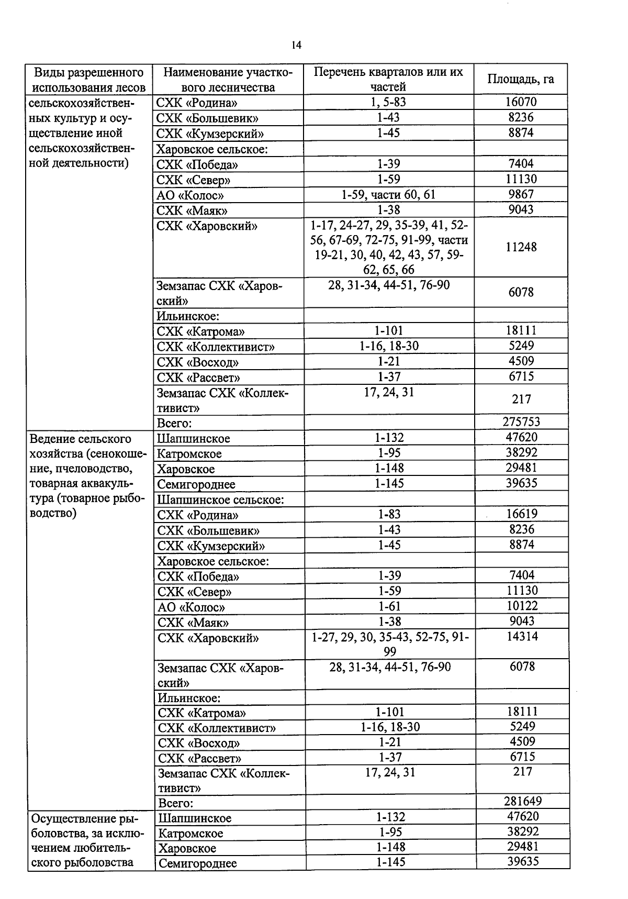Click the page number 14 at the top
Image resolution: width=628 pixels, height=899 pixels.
pyautogui.click(x=296, y=45)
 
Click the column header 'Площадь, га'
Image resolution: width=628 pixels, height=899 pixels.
pyautogui.click(x=520, y=79)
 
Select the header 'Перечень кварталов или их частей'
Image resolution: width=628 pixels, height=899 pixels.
pyautogui.click(x=388, y=79)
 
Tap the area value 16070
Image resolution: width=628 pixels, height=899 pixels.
pyautogui.click(x=521, y=102)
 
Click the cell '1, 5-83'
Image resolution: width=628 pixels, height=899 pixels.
pyautogui.click(x=388, y=102)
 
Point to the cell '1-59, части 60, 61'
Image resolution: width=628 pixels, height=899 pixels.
pyautogui.click(x=388, y=195)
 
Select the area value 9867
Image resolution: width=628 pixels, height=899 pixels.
pyautogui.click(x=521, y=195)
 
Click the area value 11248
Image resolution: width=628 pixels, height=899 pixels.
pyautogui.click(x=521, y=247)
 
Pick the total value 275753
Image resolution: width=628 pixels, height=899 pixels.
pyautogui.click(x=521, y=422)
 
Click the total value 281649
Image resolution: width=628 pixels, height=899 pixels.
pyautogui.click(x=522, y=801)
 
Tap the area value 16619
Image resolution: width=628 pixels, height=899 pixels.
pyautogui.click(x=521, y=514)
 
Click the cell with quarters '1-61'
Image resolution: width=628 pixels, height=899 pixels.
pyautogui.click(x=389, y=606)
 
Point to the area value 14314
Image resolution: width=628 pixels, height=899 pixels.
pyautogui.click(x=522, y=637)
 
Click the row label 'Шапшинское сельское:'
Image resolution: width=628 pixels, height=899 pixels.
pyautogui.click(x=220, y=500)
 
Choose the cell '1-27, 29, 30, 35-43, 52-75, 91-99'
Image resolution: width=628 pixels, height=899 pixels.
pyautogui.click(x=390, y=644)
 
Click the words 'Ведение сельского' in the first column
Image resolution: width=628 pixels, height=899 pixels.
pyautogui.click(x=81, y=439)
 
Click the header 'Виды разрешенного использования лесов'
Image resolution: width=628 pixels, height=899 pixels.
pyautogui.click(x=88, y=80)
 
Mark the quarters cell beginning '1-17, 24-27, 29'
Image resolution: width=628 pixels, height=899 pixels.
pyautogui.click(x=389, y=247)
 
